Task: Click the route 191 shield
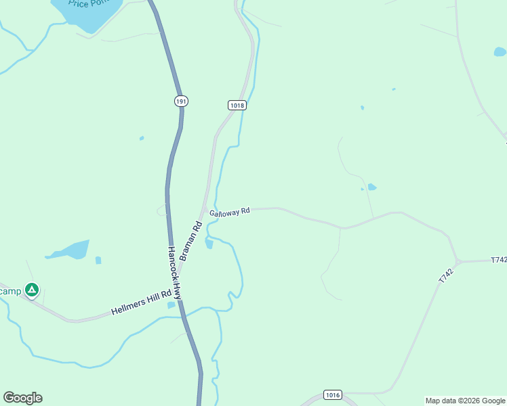[x=180, y=101]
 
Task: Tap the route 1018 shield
[x=237, y=105]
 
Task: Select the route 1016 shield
[x=332, y=395]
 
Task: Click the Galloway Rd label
[x=230, y=212]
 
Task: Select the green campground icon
[x=31, y=290]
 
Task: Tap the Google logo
[x=23, y=398]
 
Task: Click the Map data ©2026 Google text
[x=466, y=401]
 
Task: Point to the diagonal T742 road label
[x=445, y=275]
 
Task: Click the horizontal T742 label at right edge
[x=498, y=260]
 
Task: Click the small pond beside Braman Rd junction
[x=209, y=244]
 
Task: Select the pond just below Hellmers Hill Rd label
[x=171, y=305]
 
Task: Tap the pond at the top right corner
[x=500, y=51]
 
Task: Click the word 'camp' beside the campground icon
[x=10, y=290]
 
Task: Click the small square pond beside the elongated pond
[x=98, y=260]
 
